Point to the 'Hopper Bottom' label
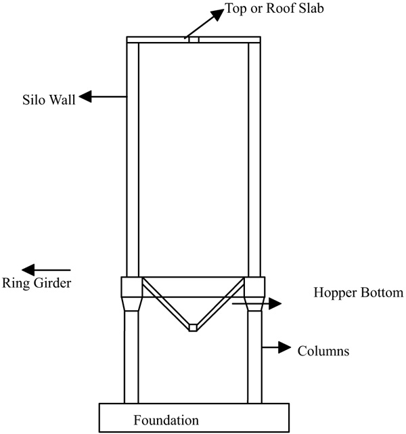(x=358, y=293)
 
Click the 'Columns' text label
(x=323, y=351)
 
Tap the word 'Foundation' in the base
(x=166, y=420)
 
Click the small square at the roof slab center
(x=194, y=40)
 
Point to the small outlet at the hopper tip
(x=193, y=327)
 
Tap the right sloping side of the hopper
(x=221, y=303)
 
